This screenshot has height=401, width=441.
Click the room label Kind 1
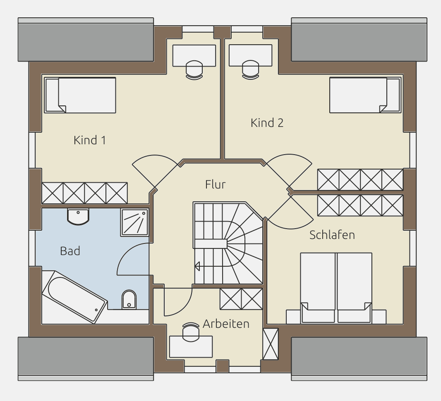90,140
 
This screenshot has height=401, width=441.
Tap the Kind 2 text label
267,123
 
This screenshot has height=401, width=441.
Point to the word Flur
216,184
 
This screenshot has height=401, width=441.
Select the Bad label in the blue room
70,251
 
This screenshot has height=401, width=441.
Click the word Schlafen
332,235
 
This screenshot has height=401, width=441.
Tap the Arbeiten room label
226,324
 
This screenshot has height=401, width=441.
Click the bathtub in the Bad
74,296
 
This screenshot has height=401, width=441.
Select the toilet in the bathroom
129,300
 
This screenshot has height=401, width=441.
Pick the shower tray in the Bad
134,222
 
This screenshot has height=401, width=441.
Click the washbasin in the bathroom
78,216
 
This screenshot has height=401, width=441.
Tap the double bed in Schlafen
336,288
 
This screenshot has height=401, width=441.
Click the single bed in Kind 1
80,95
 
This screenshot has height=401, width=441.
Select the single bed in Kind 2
365,95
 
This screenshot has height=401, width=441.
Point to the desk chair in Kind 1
194,70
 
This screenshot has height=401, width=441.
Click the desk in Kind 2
250,55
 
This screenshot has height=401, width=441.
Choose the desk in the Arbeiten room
191,347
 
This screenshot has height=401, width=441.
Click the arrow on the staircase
197,266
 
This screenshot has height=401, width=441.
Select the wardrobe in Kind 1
85,193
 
